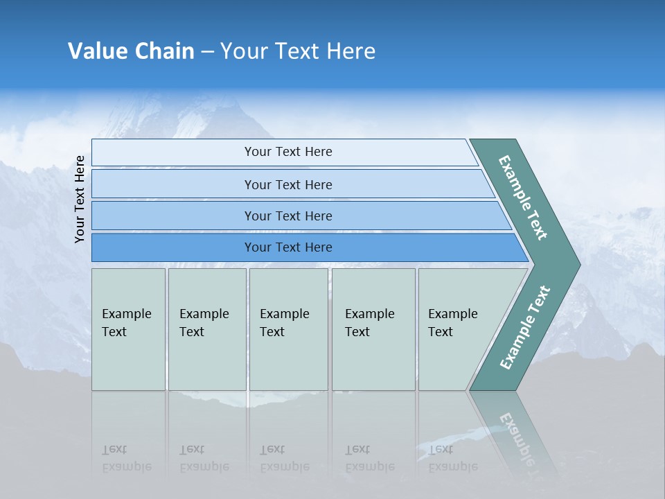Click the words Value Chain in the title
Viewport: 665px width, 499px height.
(x=131, y=51)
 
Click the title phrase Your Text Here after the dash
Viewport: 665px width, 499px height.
(x=298, y=51)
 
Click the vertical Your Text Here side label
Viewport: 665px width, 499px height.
(x=80, y=200)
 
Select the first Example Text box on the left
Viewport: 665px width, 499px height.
(x=128, y=329)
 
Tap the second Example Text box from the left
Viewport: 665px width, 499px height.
(x=207, y=329)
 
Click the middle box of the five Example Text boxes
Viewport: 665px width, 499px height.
(x=288, y=329)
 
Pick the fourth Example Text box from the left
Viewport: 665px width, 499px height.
(x=373, y=329)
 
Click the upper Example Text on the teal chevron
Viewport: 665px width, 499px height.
(x=524, y=198)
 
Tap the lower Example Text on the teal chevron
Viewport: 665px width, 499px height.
(x=525, y=328)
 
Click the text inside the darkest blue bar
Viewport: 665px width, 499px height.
(x=288, y=247)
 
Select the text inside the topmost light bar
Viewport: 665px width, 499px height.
(x=288, y=152)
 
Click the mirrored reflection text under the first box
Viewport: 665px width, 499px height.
(x=127, y=458)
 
